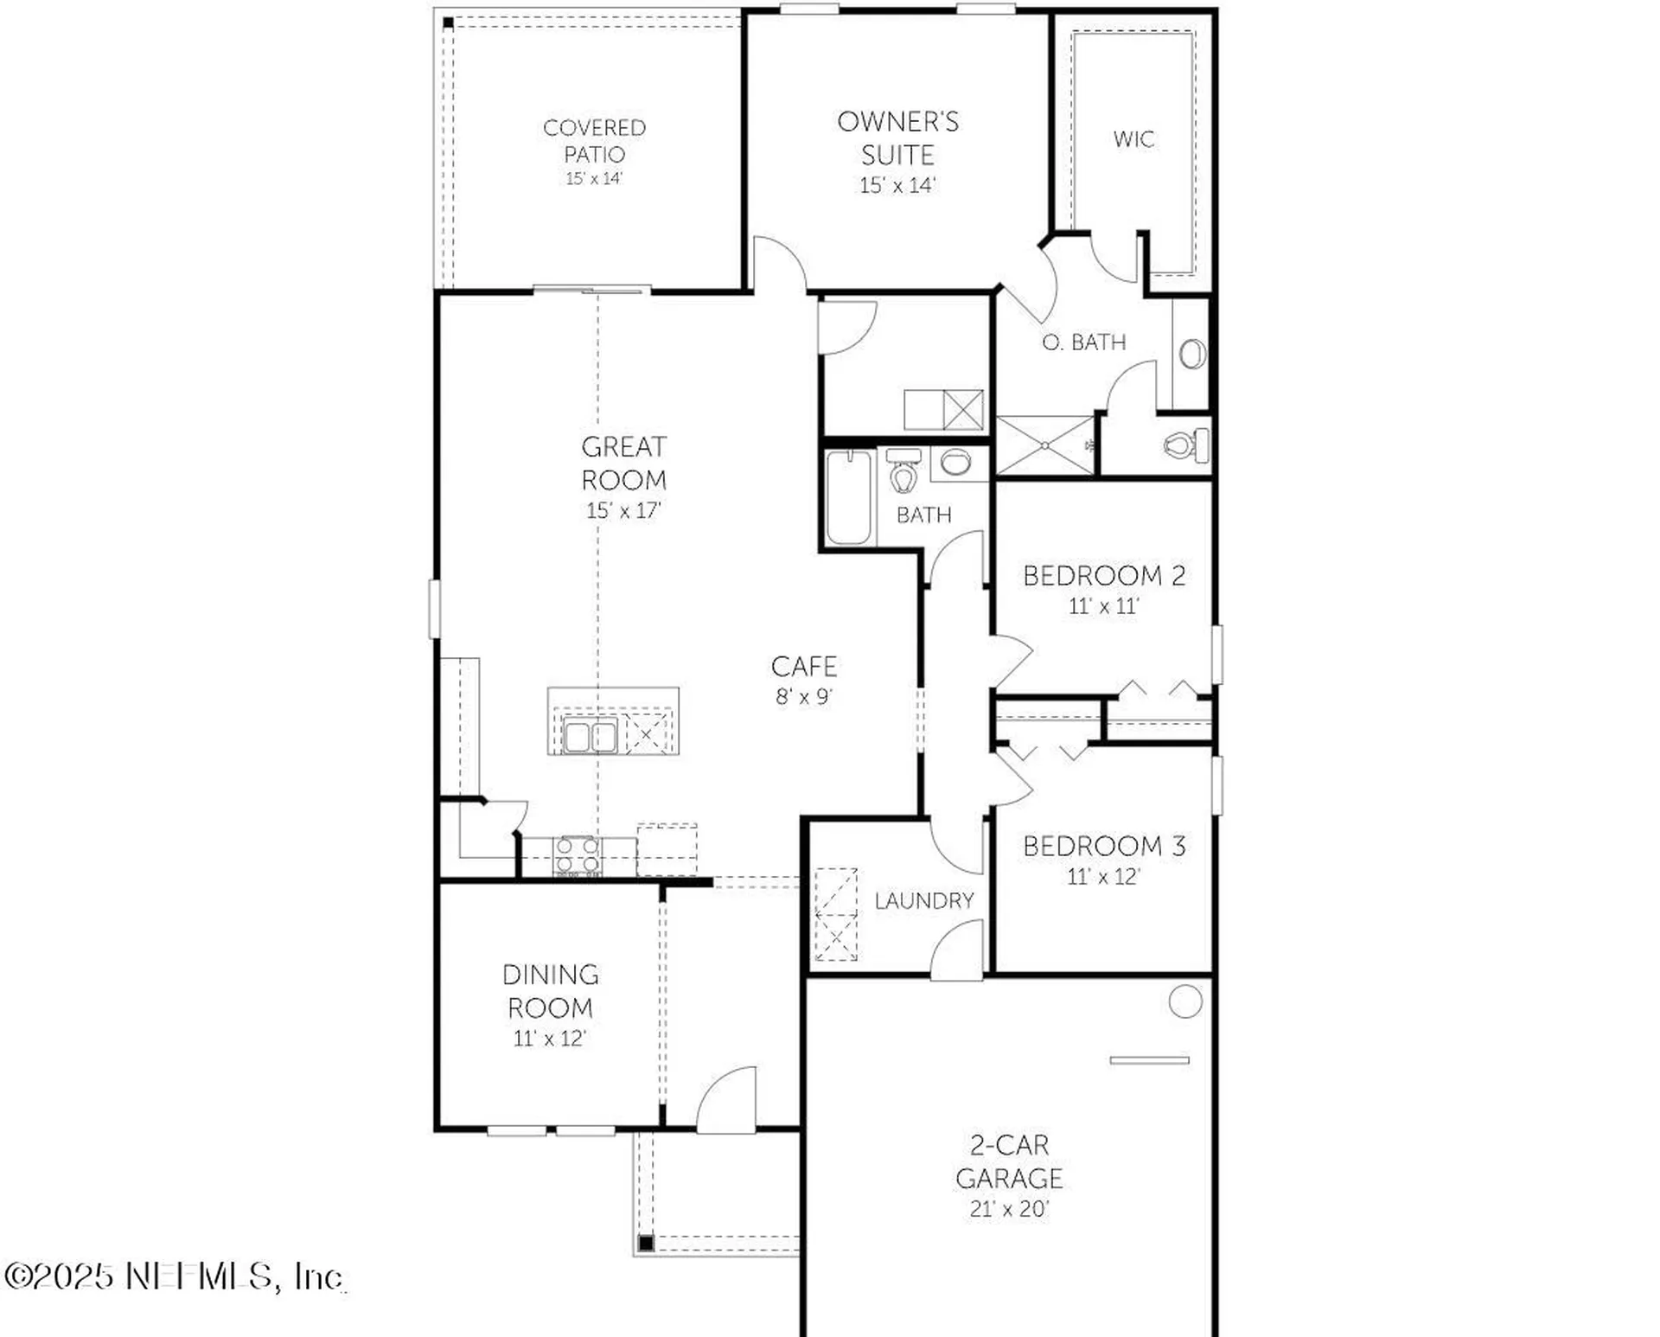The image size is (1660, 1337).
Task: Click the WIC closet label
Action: tap(1133, 139)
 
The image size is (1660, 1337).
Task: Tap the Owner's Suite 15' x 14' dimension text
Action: tap(897, 185)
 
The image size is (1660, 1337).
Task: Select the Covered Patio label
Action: tap(594, 140)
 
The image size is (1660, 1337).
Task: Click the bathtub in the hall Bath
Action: tap(848, 497)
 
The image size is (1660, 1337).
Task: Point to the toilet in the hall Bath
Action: tap(903, 473)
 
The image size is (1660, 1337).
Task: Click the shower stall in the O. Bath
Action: tap(1045, 445)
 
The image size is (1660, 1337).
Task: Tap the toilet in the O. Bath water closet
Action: tap(1185, 445)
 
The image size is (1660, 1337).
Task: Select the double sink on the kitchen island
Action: tap(590, 737)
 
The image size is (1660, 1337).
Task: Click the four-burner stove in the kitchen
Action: tap(578, 855)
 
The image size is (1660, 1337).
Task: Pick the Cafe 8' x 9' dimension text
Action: tap(803, 697)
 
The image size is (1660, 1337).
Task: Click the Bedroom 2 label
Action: tap(1103, 576)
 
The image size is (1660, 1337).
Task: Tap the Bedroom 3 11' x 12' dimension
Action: tap(1103, 877)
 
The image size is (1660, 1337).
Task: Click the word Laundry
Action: tap(923, 901)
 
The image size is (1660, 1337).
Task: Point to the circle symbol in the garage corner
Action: tap(1184, 1001)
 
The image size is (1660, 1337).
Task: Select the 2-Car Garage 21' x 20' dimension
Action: tap(1008, 1209)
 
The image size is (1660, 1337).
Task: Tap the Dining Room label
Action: tap(551, 991)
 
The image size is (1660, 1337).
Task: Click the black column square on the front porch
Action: tap(646, 1244)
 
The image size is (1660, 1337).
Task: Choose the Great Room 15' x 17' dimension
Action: tap(623, 511)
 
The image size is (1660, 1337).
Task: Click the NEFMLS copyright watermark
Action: tap(173, 1276)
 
